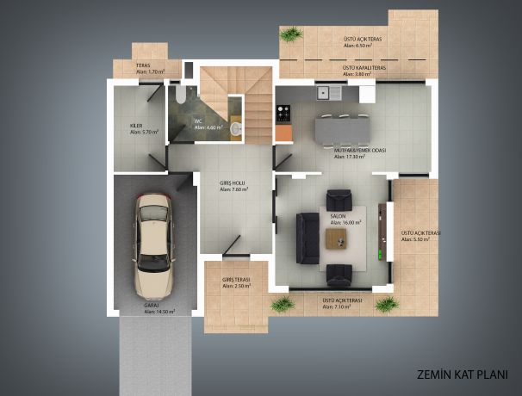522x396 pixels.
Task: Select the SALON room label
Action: click(337, 215)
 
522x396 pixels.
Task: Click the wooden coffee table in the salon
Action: click(340, 238)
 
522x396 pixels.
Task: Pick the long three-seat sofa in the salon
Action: click(306, 238)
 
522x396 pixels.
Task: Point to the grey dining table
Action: click(344, 129)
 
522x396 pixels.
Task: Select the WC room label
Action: click(197, 121)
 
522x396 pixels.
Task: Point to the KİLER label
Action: click(136, 126)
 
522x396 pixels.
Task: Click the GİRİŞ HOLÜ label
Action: click(233, 183)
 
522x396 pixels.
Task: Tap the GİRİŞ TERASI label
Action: click(234, 280)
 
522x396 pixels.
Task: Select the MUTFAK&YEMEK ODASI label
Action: click(359, 150)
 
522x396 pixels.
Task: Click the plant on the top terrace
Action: click(292, 34)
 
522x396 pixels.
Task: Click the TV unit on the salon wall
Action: click(382, 231)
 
